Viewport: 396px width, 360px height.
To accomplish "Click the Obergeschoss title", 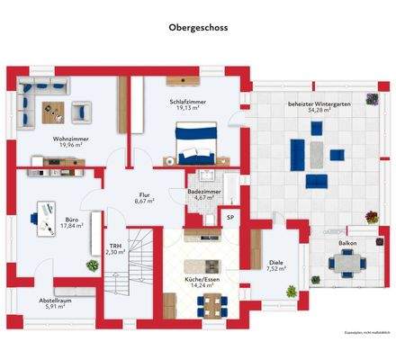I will click(198, 28).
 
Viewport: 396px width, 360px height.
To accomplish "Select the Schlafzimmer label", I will click(188, 103).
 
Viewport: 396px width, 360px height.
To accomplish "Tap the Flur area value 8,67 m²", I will click(145, 202).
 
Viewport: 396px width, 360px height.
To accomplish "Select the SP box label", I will click(229, 218).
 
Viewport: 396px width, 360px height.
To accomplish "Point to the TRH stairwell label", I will click(115, 246).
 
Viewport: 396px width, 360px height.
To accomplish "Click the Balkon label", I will click(346, 243).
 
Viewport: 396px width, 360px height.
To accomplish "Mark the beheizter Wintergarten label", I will click(319, 103).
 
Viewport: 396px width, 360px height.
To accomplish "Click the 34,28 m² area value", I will click(319, 111).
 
